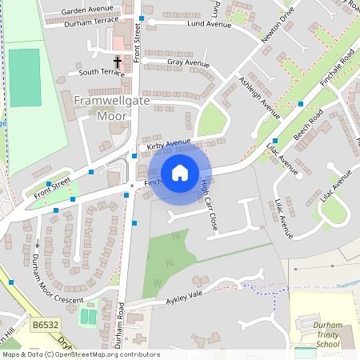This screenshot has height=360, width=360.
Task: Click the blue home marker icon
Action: [180, 173]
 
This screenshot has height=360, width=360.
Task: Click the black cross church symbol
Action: [118, 62]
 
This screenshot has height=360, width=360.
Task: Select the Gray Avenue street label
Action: [188, 62]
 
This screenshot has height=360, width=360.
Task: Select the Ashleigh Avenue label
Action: [258, 95]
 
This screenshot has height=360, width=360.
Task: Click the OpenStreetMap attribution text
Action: [80, 354]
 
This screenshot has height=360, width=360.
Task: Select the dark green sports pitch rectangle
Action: [25, 77]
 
